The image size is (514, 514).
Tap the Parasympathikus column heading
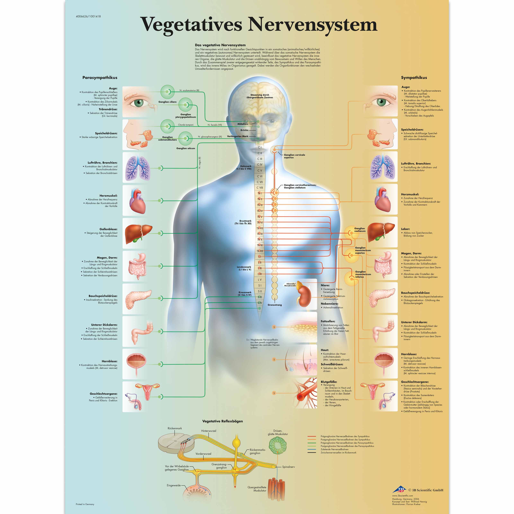pos(100,78)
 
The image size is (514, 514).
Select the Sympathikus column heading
pos(414,78)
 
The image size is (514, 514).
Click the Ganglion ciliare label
pos(167,102)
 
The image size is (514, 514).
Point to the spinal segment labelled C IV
pos(260,165)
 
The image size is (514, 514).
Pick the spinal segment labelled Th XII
pos(260,251)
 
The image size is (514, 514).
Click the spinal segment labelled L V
pos(260,280)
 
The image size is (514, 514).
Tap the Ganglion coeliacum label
pos(360,230)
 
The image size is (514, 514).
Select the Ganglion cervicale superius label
pos(294,156)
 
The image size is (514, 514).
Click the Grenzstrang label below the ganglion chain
pos(275,305)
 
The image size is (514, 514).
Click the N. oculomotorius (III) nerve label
pos(189,90)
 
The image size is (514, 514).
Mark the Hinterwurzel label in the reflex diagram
pos(209,431)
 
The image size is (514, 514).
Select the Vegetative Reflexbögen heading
pos(222,421)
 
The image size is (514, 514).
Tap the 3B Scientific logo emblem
pos(400,490)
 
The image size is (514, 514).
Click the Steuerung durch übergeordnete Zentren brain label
pos(260,96)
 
